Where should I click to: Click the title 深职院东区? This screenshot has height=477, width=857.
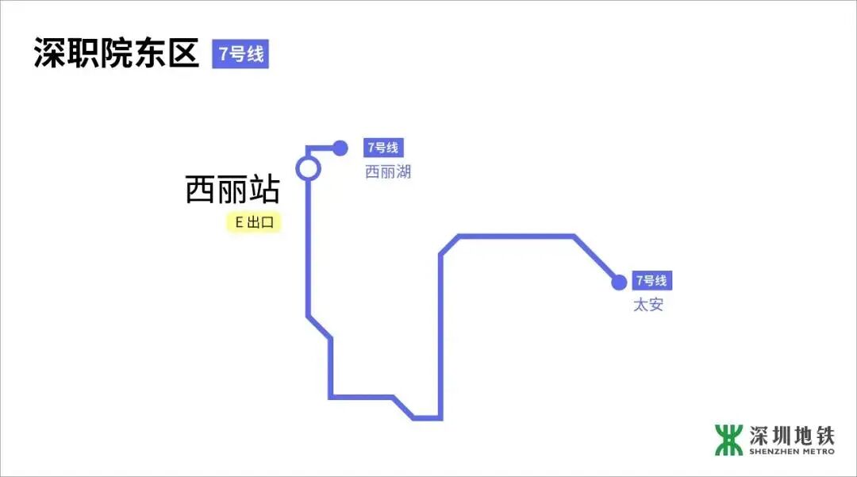116,53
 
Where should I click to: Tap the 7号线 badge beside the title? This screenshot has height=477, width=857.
240,54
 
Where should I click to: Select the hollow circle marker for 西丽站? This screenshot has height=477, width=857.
308,168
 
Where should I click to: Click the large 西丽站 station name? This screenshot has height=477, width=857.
233,190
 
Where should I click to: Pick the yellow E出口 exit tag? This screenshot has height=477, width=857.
254,223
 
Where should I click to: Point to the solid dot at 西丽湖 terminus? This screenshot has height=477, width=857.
340,148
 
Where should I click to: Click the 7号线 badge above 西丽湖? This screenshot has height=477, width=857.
382,148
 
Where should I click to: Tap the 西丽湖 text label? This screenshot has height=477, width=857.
387,172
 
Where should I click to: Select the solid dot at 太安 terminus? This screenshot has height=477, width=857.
619,282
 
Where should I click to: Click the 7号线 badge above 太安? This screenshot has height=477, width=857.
652,281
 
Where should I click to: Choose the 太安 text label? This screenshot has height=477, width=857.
648,305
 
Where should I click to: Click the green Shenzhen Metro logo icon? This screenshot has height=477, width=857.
728,440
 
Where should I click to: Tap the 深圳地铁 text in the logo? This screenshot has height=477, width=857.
792,436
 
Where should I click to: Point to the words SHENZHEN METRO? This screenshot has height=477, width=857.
792,452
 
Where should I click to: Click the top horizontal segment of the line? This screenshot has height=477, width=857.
516,236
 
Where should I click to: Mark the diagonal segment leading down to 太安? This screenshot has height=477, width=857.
597,259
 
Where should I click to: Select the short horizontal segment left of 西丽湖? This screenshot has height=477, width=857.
321,148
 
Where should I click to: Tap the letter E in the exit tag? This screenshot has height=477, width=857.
238,223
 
